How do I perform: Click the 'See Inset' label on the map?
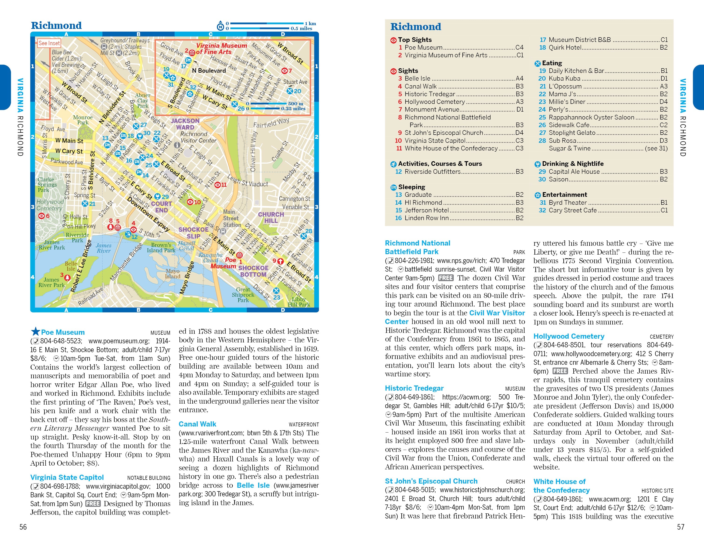click(x=49, y=43)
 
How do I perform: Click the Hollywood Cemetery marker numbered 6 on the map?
click(x=42, y=216)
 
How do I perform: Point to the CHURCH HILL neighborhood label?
click(x=271, y=218)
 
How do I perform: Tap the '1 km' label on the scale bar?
click(x=310, y=24)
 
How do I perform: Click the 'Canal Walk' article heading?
click(x=197, y=424)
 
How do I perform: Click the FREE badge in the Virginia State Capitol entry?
click(x=93, y=504)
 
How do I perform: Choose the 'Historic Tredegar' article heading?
click(x=414, y=388)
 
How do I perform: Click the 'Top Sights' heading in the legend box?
click(x=415, y=40)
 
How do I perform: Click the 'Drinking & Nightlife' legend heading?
click(x=572, y=164)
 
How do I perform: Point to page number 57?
click(x=680, y=527)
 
